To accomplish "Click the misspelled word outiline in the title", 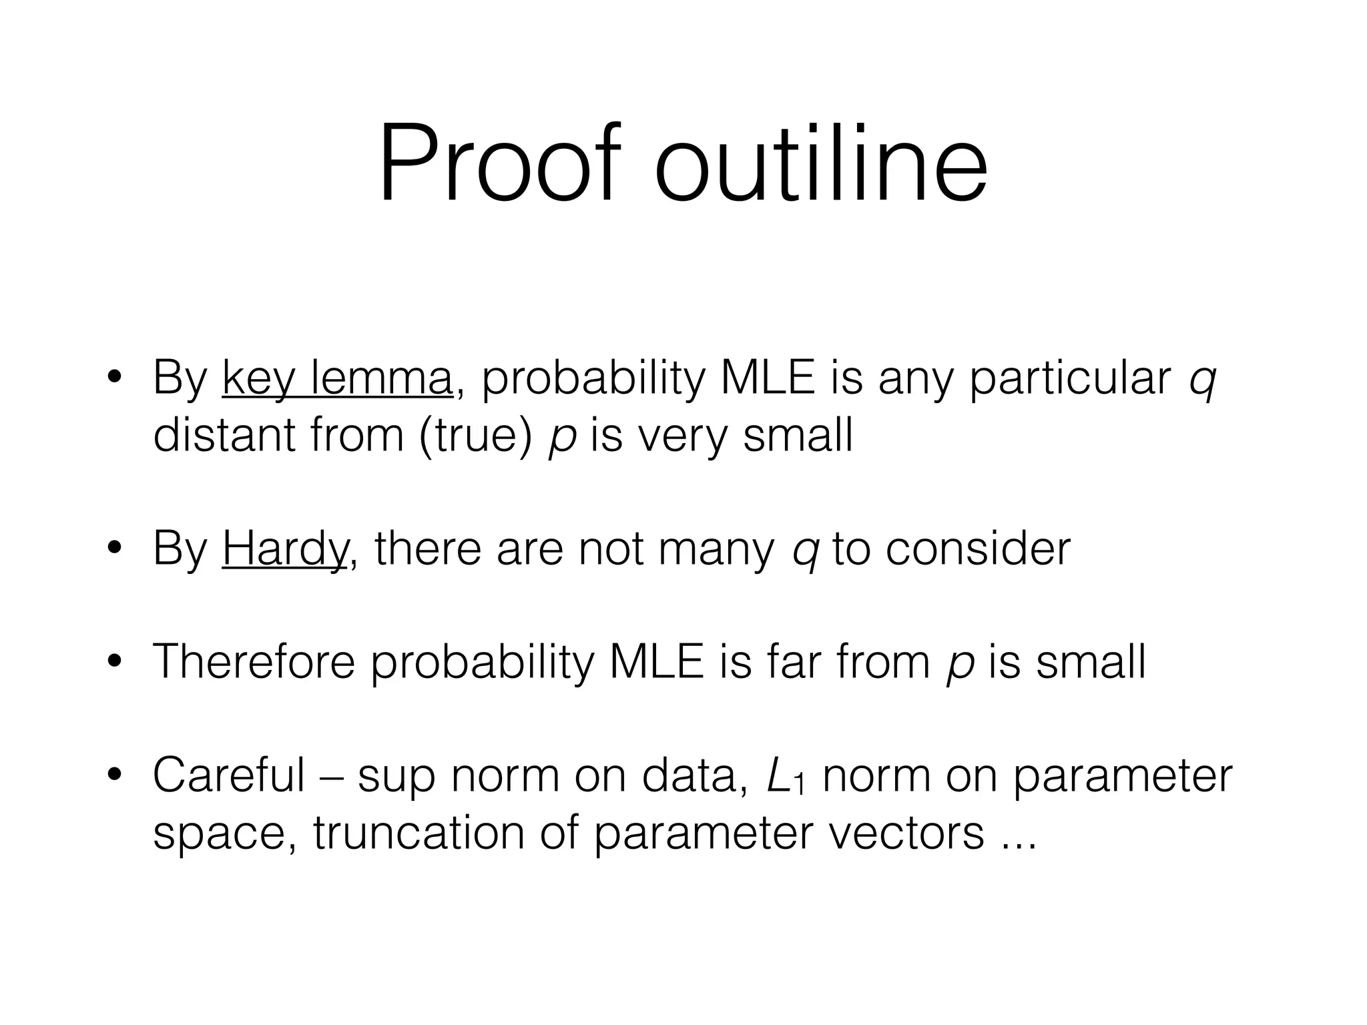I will coord(821,163).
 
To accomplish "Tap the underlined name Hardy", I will coord(284,549).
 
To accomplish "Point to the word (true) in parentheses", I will coord(475,435).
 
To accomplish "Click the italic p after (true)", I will coord(561,438).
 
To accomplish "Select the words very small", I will coord(745,435).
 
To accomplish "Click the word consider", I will coord(977,549).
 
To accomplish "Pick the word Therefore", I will coord(254,661).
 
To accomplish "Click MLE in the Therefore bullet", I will coord(657,661).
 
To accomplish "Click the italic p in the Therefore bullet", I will coord(959,664).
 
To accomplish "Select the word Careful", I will coord(228,775).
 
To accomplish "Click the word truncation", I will coord(419,832).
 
